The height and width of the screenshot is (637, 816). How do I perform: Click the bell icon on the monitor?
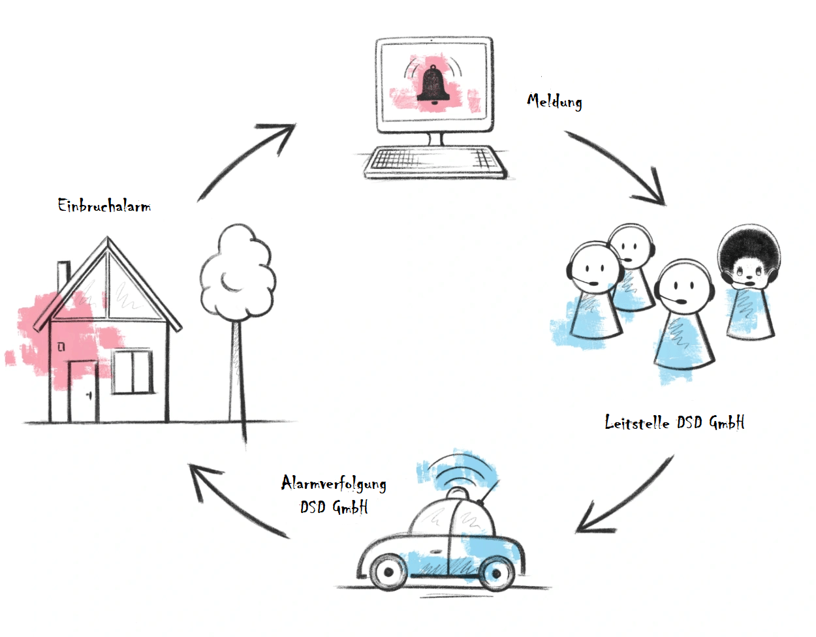[x=433, y=84]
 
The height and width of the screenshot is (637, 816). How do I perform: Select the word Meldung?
[x=554, y=101]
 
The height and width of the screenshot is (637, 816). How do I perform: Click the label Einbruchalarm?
[x=104, y=206]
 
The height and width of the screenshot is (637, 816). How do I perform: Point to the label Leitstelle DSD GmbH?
[x=674, y=423]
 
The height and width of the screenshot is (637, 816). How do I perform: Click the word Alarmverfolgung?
[x=334, y=484]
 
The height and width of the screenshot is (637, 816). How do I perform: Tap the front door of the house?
[x=83, y=390]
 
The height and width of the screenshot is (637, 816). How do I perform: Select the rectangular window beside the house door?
[x=131, y=371]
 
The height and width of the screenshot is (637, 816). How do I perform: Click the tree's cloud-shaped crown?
[x=235, y=274]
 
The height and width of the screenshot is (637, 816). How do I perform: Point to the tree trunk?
[x=237, y=372]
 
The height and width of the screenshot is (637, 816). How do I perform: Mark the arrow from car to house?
[x=235, y=499]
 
